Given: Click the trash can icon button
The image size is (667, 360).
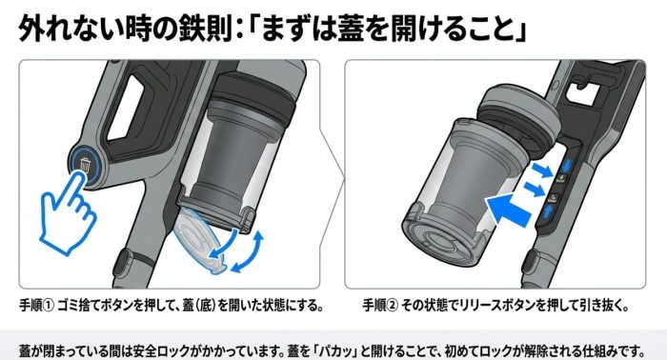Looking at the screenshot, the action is (86, 164).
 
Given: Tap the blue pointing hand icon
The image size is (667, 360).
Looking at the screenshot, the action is (68, 211).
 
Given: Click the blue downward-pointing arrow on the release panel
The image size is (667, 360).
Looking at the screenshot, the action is (568, 163).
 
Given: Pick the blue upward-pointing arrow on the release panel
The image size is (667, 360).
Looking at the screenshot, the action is (548, 211).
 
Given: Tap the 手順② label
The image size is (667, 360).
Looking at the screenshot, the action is (380, 305).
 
